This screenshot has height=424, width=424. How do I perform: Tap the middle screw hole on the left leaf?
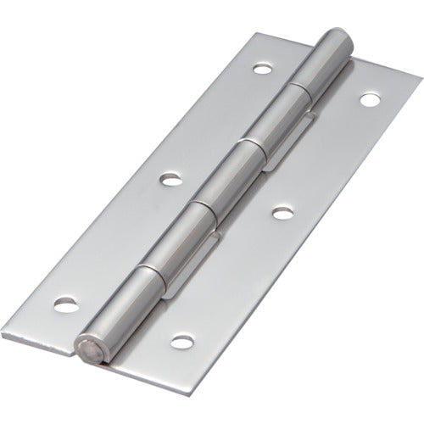[172, 180]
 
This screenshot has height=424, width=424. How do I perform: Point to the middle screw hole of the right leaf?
[281, 213]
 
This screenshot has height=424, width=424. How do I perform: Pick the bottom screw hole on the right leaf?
[179, 342]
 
